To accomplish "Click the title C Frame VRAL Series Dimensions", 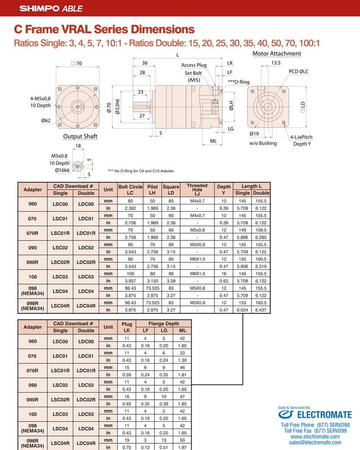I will click(104, 29).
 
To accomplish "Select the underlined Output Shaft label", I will click(80, 137).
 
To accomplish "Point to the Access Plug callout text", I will click(194, 65).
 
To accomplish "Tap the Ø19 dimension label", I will click(254, 134).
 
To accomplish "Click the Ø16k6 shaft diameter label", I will click(62, 170).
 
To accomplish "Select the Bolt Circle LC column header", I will click(130, 190).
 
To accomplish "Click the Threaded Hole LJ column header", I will click(197, 190).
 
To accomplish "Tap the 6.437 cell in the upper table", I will click(261, 310).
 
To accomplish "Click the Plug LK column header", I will click(127, 327).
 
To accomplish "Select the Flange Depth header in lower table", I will click(164, 324).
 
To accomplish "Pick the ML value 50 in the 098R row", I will click(182, 440).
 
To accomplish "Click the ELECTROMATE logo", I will click(316, 415).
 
